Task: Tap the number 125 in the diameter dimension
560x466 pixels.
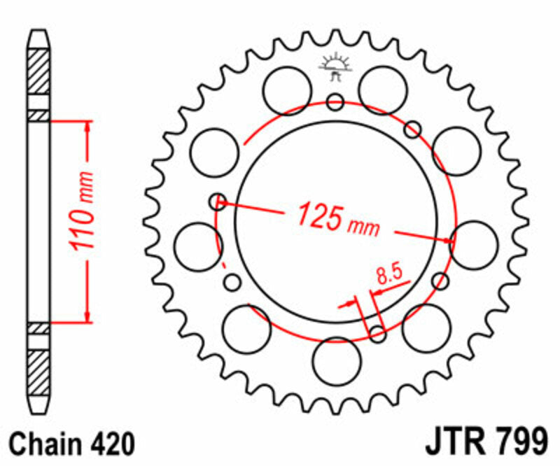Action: click(x=320, y=215)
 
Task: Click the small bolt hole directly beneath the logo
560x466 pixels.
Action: click(x=336, y=103)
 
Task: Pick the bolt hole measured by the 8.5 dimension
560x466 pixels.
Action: click(x=377, y=334)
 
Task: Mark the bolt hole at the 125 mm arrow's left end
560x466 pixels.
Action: click(x=218, y=202)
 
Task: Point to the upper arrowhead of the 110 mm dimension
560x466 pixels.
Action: click(x=87, y=127)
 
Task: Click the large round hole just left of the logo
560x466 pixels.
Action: click(x=287, y=89)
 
